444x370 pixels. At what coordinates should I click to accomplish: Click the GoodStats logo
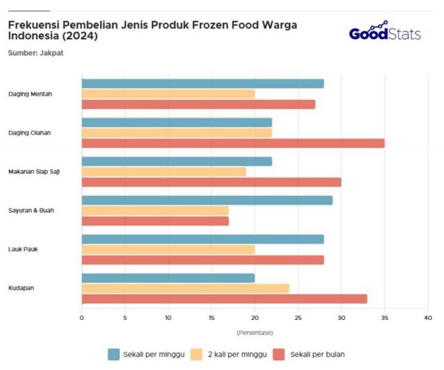point(385,33)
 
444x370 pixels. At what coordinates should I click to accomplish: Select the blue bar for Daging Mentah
point(203,83)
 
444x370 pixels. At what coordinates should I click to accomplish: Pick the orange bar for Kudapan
point(185,288)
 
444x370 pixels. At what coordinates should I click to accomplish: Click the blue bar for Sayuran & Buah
point(207,201)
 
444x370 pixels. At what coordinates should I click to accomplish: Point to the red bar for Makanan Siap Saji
point(212,182)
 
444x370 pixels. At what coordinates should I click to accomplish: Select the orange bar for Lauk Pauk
point(168,249)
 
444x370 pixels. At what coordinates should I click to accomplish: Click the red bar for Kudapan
point(224,298)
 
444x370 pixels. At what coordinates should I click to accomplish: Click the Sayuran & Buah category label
point(28,210)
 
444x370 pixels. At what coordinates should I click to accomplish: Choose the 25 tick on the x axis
point(298,318)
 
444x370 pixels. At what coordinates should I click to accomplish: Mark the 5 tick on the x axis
point(125,318)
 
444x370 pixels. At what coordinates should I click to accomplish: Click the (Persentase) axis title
point(255,333)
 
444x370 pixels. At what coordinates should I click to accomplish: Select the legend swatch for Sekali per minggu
point(114,354)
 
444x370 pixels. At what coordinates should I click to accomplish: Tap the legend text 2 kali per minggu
point(230,354)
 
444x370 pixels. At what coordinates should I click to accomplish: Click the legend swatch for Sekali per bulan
point(280,354)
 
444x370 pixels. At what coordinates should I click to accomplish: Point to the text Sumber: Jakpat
point(35,53)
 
